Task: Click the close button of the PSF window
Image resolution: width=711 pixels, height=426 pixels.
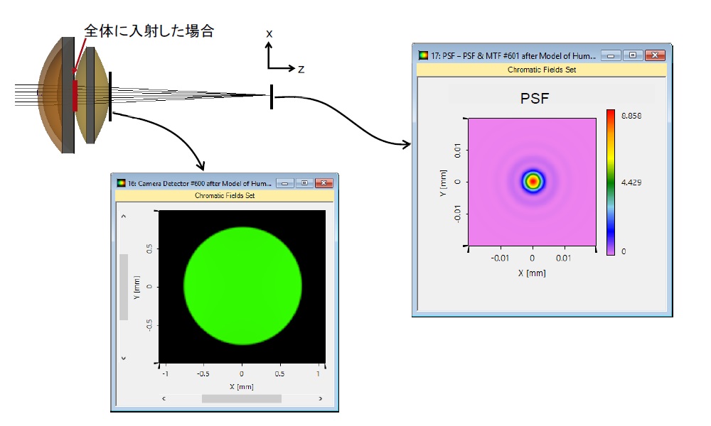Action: [x=655, y=55]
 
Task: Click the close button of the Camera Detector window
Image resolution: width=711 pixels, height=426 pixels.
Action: [x=324, y=183]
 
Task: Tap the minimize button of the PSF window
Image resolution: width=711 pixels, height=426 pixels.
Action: [x=611, y=55]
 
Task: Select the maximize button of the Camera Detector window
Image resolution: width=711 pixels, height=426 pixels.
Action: [x=304, y=183]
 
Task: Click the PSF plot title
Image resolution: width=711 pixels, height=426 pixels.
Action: [x=535, y=98]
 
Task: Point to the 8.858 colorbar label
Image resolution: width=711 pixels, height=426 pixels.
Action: [x=631, y=116]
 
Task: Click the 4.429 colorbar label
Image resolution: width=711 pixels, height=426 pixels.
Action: [x=631, y=182]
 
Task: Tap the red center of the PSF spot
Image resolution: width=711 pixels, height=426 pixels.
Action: [x=533, y=181]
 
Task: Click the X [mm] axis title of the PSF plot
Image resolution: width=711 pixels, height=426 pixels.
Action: [x=532, y=273]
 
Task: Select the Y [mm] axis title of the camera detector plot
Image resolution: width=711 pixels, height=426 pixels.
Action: [x=137, y=287]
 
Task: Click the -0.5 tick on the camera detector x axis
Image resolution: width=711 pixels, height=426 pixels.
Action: [x=203, y=374]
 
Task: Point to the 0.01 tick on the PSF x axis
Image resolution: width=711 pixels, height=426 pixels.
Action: [x=564, y=258]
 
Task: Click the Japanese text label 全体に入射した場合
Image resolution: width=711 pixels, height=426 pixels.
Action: [x=149, y=31]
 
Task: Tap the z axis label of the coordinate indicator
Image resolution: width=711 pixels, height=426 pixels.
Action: [x=301, y=70]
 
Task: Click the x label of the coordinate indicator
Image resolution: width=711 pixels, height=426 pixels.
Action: [x=269, y=34]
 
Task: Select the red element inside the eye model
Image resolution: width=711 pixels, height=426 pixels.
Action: [x=75, y=96]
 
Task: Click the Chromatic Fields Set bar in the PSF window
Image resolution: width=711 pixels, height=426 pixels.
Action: [x=542, y=70]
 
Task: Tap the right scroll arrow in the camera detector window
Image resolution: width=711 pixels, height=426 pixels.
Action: [x=321, y=398]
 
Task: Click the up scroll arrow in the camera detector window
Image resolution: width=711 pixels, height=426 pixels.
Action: [x=123, y=217]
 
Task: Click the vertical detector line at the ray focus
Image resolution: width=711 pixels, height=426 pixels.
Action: [x=272, y=97]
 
